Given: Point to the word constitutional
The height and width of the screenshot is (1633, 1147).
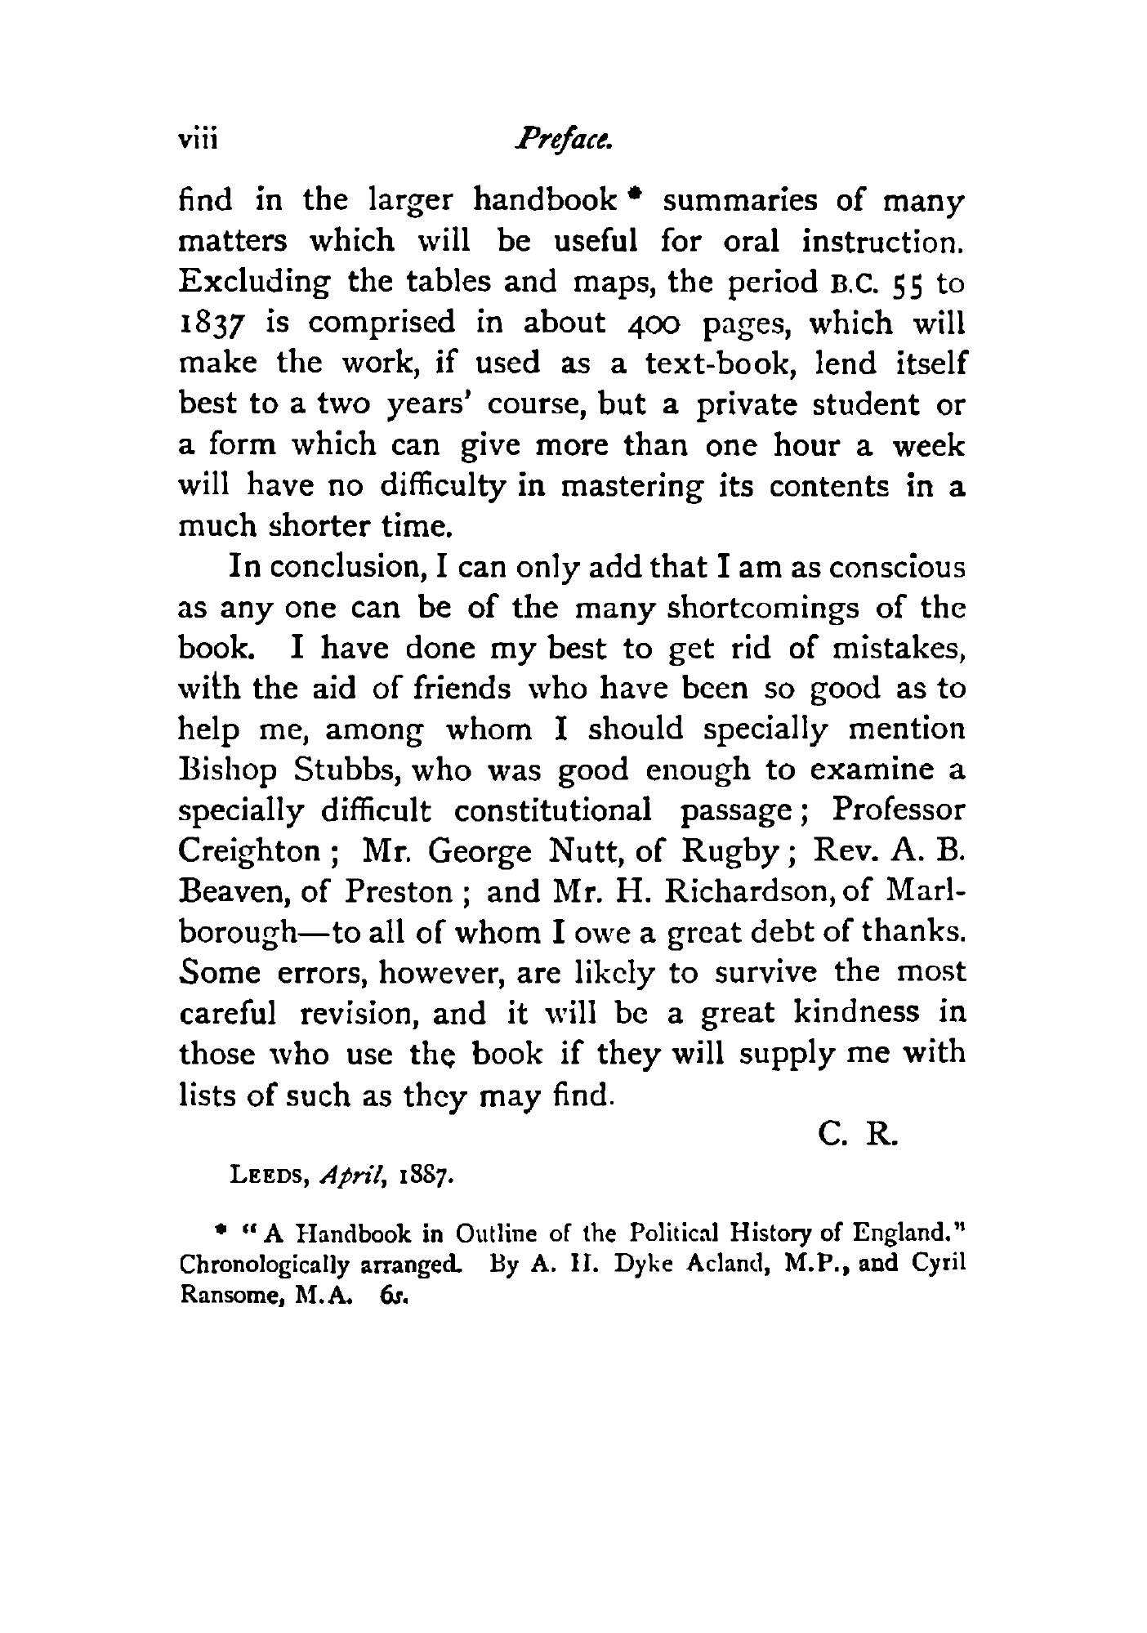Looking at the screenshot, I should click(552, 811).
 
